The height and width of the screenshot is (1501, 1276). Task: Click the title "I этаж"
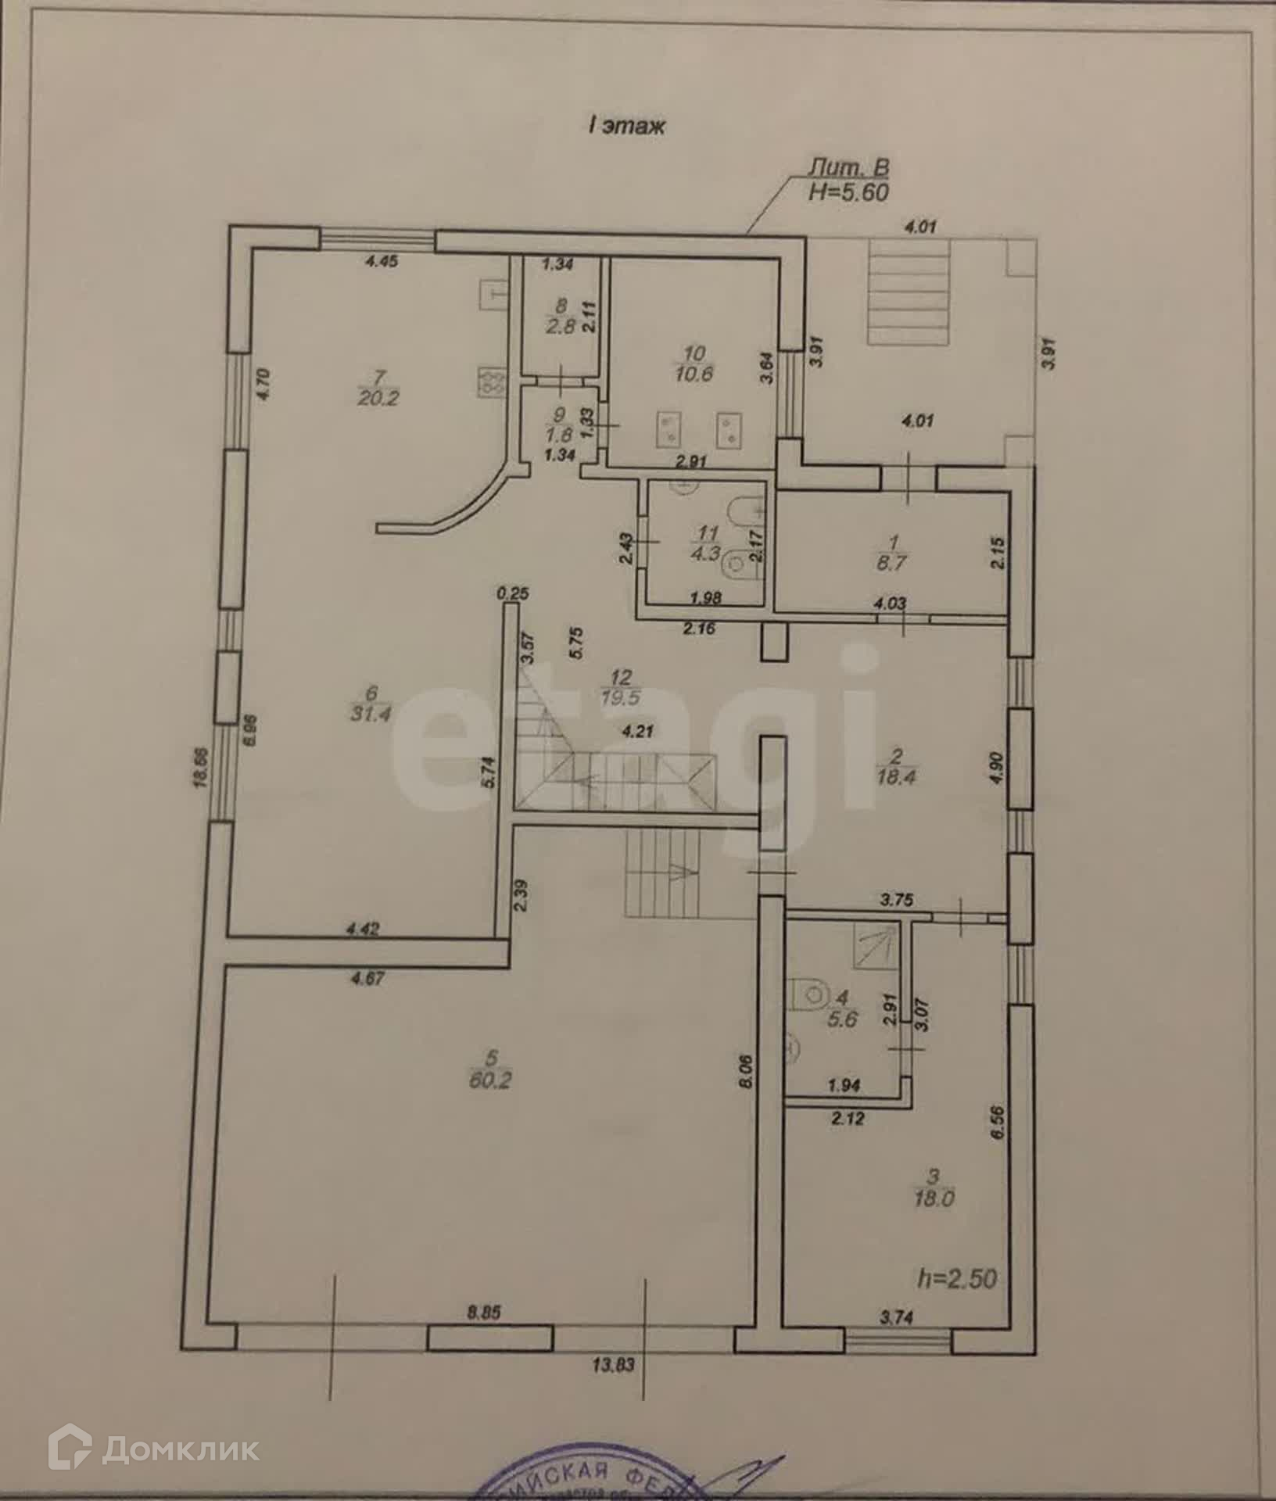[x=626, y=125]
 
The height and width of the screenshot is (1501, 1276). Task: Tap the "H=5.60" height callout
[x=848, y=192]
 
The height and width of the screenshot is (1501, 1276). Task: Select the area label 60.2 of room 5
[x=491, y=1082]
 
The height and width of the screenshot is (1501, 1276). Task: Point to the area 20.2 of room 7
[x=378, y=398]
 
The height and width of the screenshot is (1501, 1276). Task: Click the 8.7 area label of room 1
[x=891, y=562]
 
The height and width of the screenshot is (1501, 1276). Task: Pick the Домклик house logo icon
[x=70, y=1452]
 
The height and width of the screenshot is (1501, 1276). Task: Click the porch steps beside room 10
[x=908, y=293]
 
